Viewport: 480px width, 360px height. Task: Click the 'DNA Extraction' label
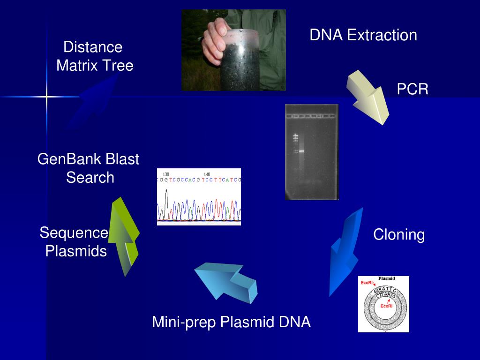pos(363,35)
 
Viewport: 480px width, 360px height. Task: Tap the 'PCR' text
pos(412,89)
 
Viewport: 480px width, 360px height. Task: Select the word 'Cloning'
pos(399,235)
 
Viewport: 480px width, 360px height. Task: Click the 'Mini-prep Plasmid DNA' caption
pos(231,322)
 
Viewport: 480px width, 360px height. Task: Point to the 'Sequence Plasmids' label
pos(75,242)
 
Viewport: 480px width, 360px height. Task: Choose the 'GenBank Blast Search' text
pos(89,168)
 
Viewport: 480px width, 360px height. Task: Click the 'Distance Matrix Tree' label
pos(94,56)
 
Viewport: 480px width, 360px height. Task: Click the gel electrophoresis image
pos(311,152)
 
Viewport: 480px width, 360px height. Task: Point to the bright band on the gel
pos(301,150)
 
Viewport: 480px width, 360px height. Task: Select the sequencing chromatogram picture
pos(199,197)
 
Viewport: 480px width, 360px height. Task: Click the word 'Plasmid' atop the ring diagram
pos(386,278)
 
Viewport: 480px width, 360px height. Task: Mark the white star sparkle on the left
pos(46,97)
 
